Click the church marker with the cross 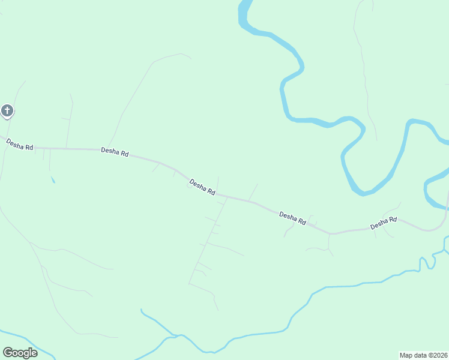[7, 111]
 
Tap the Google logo [20, 353]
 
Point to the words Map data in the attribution [414, 355]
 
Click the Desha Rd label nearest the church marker [19, 145]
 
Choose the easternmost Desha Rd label [384, 223]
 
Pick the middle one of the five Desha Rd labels [202, 187]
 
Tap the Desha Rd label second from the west [115, 152]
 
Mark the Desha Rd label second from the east [293, 218]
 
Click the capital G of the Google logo [8, 353]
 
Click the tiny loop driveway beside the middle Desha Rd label [190, 185]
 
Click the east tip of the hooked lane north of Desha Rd [190, 58]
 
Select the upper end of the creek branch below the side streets [142, 310]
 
